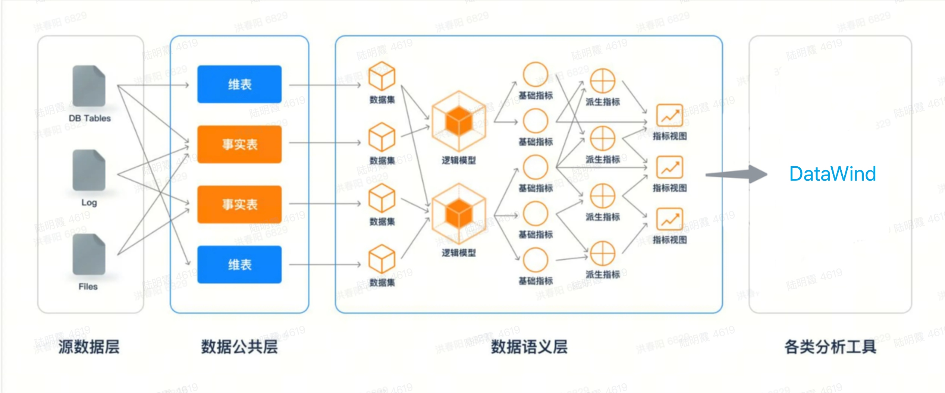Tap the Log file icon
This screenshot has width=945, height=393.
89,170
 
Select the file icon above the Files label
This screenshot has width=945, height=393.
89,254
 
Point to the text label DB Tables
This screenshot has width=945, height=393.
90,118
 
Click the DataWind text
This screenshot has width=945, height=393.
832,174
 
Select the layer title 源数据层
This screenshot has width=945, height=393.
89,347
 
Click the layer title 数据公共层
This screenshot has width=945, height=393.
239,347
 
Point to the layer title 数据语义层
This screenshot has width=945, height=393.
529,347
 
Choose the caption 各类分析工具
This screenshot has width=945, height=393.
830,347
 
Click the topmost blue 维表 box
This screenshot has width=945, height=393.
239,84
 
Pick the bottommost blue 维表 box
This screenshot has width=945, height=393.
239,265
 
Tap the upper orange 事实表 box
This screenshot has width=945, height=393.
239,144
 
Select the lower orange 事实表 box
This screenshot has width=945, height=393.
239,204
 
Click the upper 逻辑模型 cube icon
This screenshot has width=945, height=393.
459,121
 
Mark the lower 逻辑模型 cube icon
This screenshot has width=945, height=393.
459,214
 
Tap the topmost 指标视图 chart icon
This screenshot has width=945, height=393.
669,116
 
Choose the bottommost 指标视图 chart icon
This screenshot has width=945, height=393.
669,219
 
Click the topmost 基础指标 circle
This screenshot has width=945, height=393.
535,75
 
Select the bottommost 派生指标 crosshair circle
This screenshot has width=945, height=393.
602,254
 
